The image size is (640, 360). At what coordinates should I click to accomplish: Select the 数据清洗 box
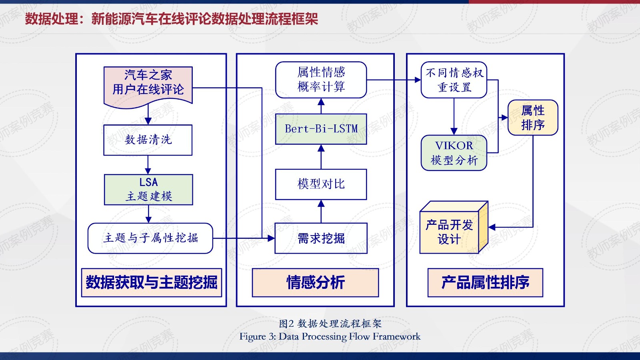[148, 140]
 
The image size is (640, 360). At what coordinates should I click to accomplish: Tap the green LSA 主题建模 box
[148, 190]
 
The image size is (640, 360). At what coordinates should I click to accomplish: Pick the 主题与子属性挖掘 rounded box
[150, 238]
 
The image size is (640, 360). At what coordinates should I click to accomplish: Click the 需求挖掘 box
[321, 238]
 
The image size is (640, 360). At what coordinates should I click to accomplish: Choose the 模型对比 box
[321, 184]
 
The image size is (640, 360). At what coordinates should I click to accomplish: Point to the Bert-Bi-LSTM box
[321, 129]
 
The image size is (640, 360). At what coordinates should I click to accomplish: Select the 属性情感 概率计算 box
[321, 80]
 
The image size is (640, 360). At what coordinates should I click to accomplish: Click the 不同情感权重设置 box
[454, 80]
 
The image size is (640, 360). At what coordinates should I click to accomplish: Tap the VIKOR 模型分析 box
[454, 153]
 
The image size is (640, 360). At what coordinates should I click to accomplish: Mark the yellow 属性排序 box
[533, 118]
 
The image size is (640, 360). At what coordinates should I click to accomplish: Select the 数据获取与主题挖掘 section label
[152, 282]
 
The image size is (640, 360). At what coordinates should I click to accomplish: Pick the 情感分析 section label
[315, 282]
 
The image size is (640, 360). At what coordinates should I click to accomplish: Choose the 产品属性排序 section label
[485, 282]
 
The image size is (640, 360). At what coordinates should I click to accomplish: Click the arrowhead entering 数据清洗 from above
[148, 121]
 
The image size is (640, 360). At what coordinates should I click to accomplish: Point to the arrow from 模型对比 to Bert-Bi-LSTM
[321, 156]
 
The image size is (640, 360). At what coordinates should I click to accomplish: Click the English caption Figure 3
[330, 336]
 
